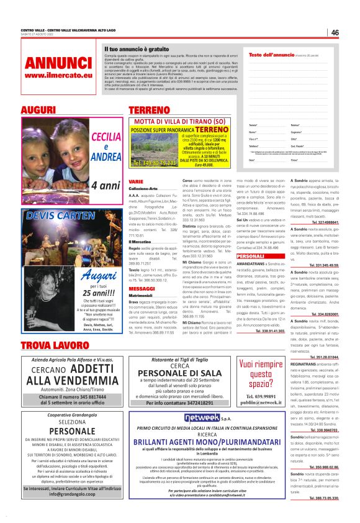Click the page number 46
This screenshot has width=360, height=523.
click(335, 32)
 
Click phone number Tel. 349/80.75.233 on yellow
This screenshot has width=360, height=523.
click(153, 163)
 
